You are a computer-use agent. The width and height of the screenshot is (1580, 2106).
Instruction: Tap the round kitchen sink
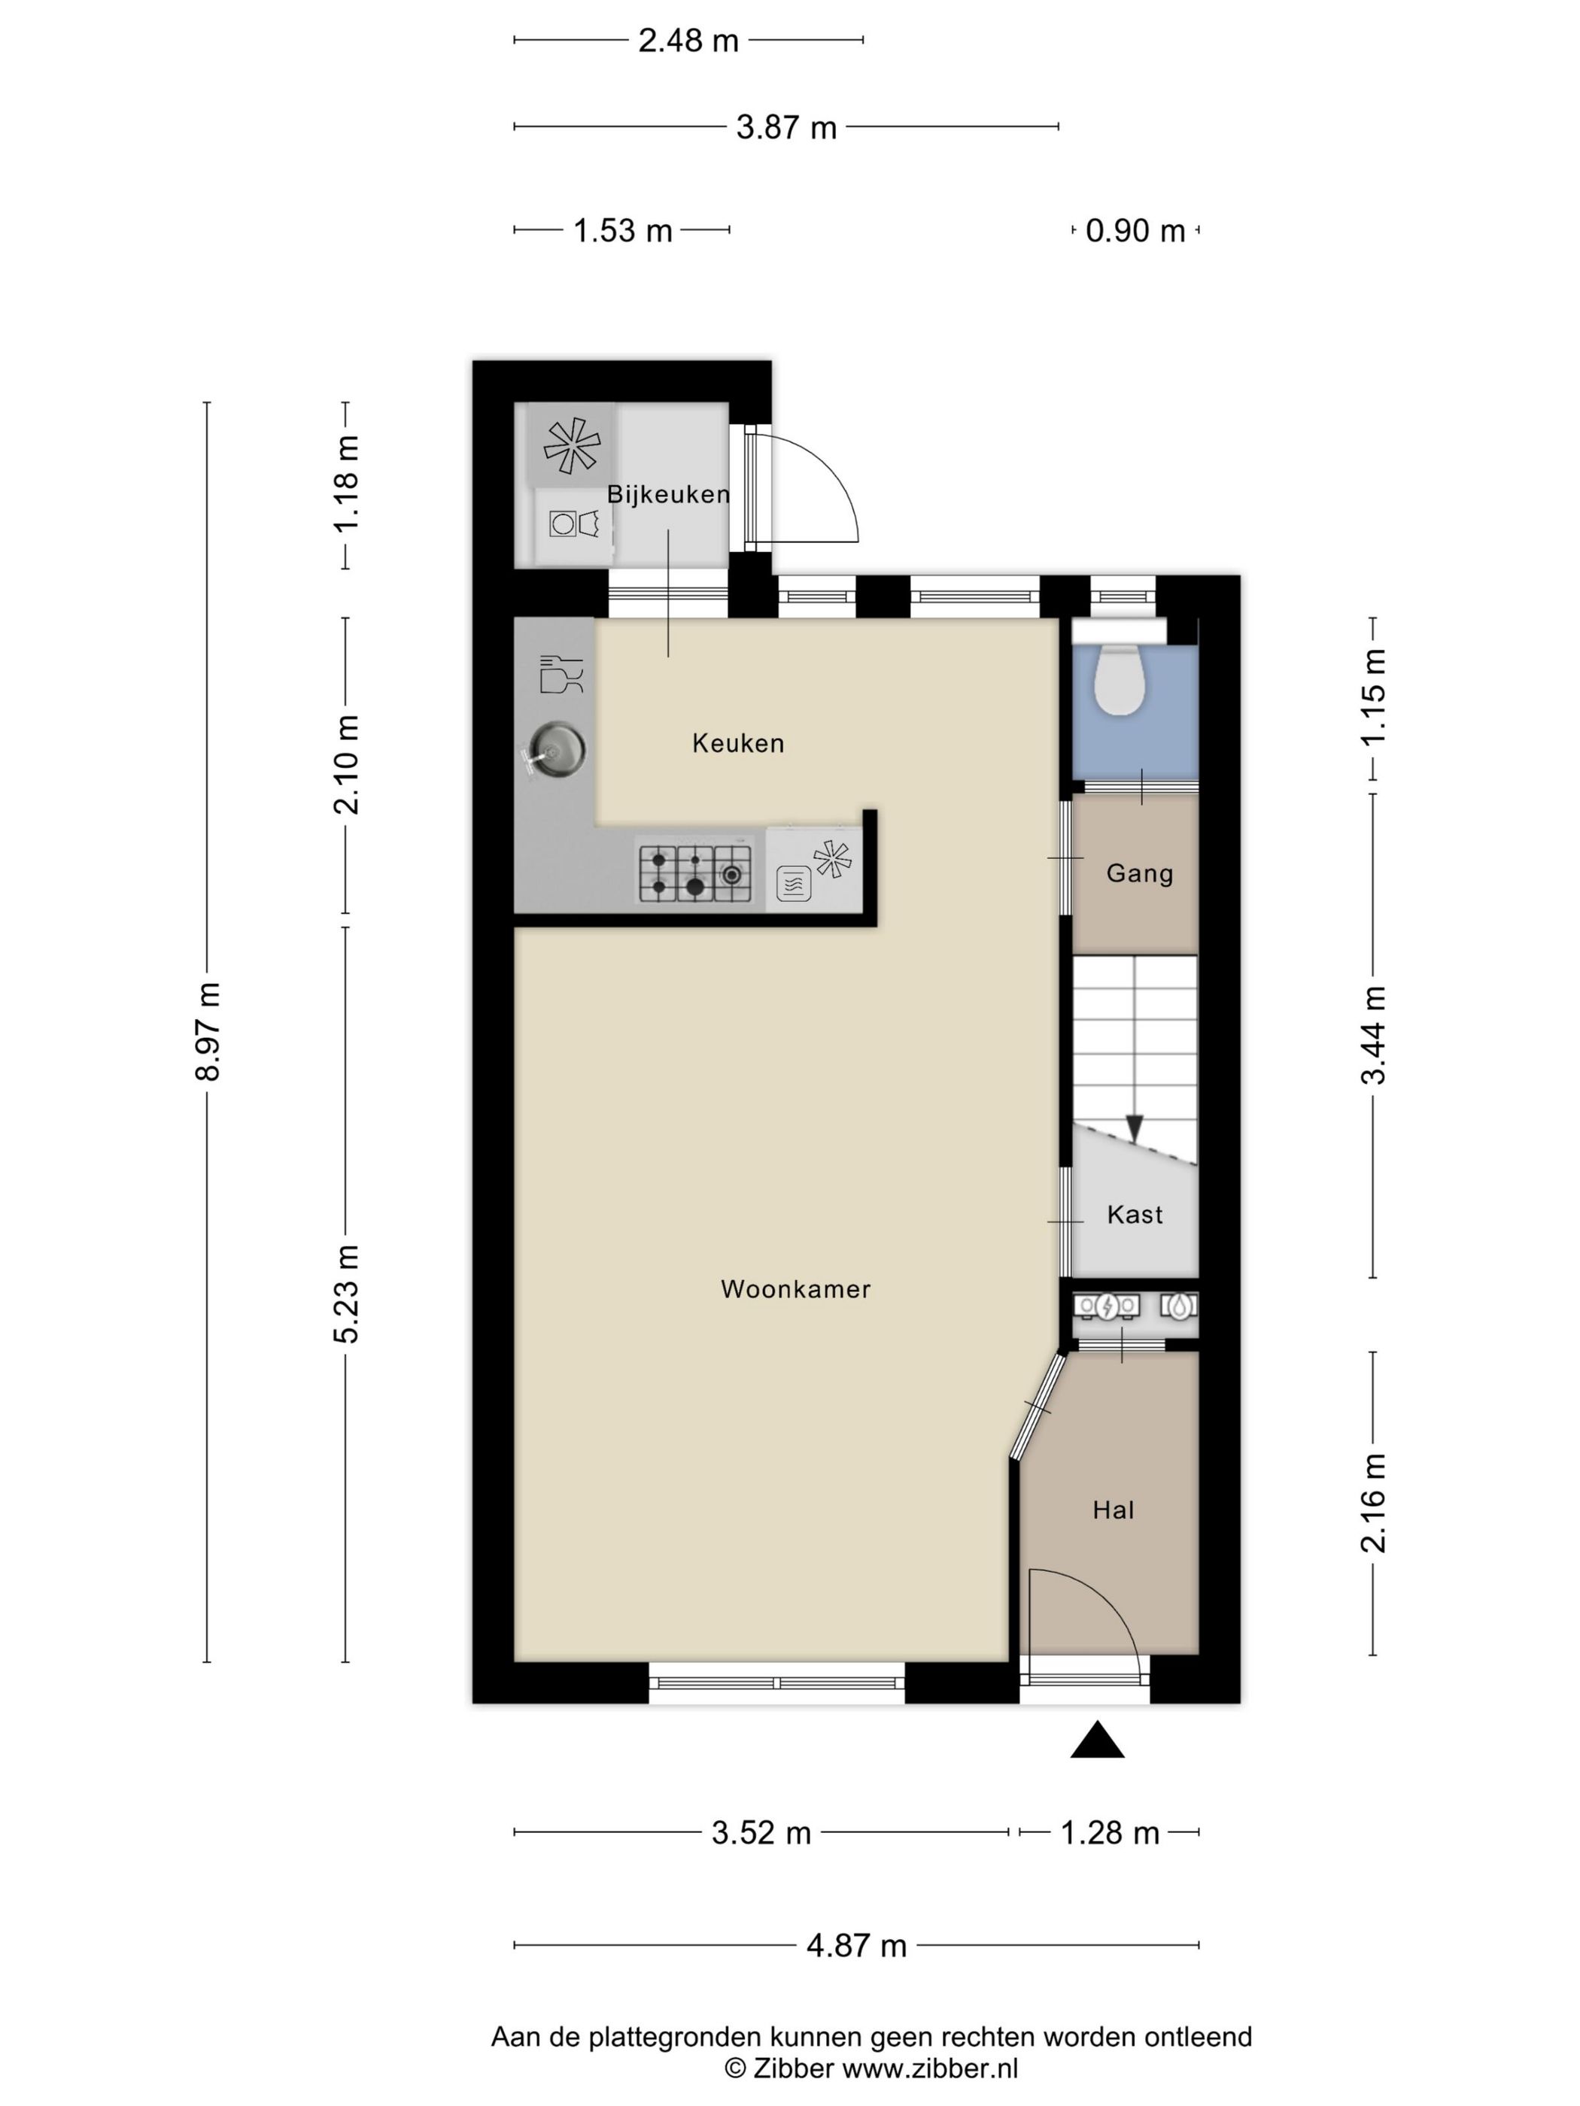pyautogui.click(x=552, y=749)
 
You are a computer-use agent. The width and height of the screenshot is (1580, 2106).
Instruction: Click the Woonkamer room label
pyautogui.click(x=795, y=1289)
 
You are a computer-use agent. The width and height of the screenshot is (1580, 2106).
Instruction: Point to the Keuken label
pyautogui.click(x=738, y=744)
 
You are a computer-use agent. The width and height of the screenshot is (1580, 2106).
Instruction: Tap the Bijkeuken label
pyautogui.click(x=669, y=495)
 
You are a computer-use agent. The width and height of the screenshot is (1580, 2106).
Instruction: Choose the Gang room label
pyautogui.click(x=1139, y=874)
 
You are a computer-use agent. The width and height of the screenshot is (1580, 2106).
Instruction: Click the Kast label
pyautogui.click(x=1135, y=1215)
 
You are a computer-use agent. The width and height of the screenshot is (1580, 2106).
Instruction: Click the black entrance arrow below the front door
pyautogui.click(x=1097, y=1740)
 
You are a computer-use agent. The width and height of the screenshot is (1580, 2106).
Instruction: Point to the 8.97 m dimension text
pyautogui.click(x=208, y=1031)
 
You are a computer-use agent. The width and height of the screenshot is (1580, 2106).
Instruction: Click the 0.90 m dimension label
pyautogui.click(x=1135, y=230)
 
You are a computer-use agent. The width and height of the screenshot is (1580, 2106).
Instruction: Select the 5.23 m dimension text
pyautogui.click(x=345, y=1294)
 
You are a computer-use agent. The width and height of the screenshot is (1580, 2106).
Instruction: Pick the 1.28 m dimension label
pyautogui.click(x=1110, y=1833)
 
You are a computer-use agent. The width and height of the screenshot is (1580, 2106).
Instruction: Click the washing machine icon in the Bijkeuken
pyautogui.click(x=573, y=523)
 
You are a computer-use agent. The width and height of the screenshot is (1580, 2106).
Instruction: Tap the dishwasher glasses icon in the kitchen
pyautogui.click(x=561, y=673)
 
